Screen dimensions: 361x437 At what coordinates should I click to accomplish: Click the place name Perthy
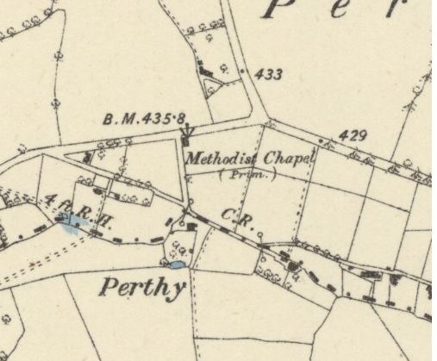142,287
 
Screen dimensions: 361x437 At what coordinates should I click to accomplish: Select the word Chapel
290,157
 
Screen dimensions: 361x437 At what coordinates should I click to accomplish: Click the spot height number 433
269,75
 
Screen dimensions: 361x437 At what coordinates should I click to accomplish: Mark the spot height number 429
353,135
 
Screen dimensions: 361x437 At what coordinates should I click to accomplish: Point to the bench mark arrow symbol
187,134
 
